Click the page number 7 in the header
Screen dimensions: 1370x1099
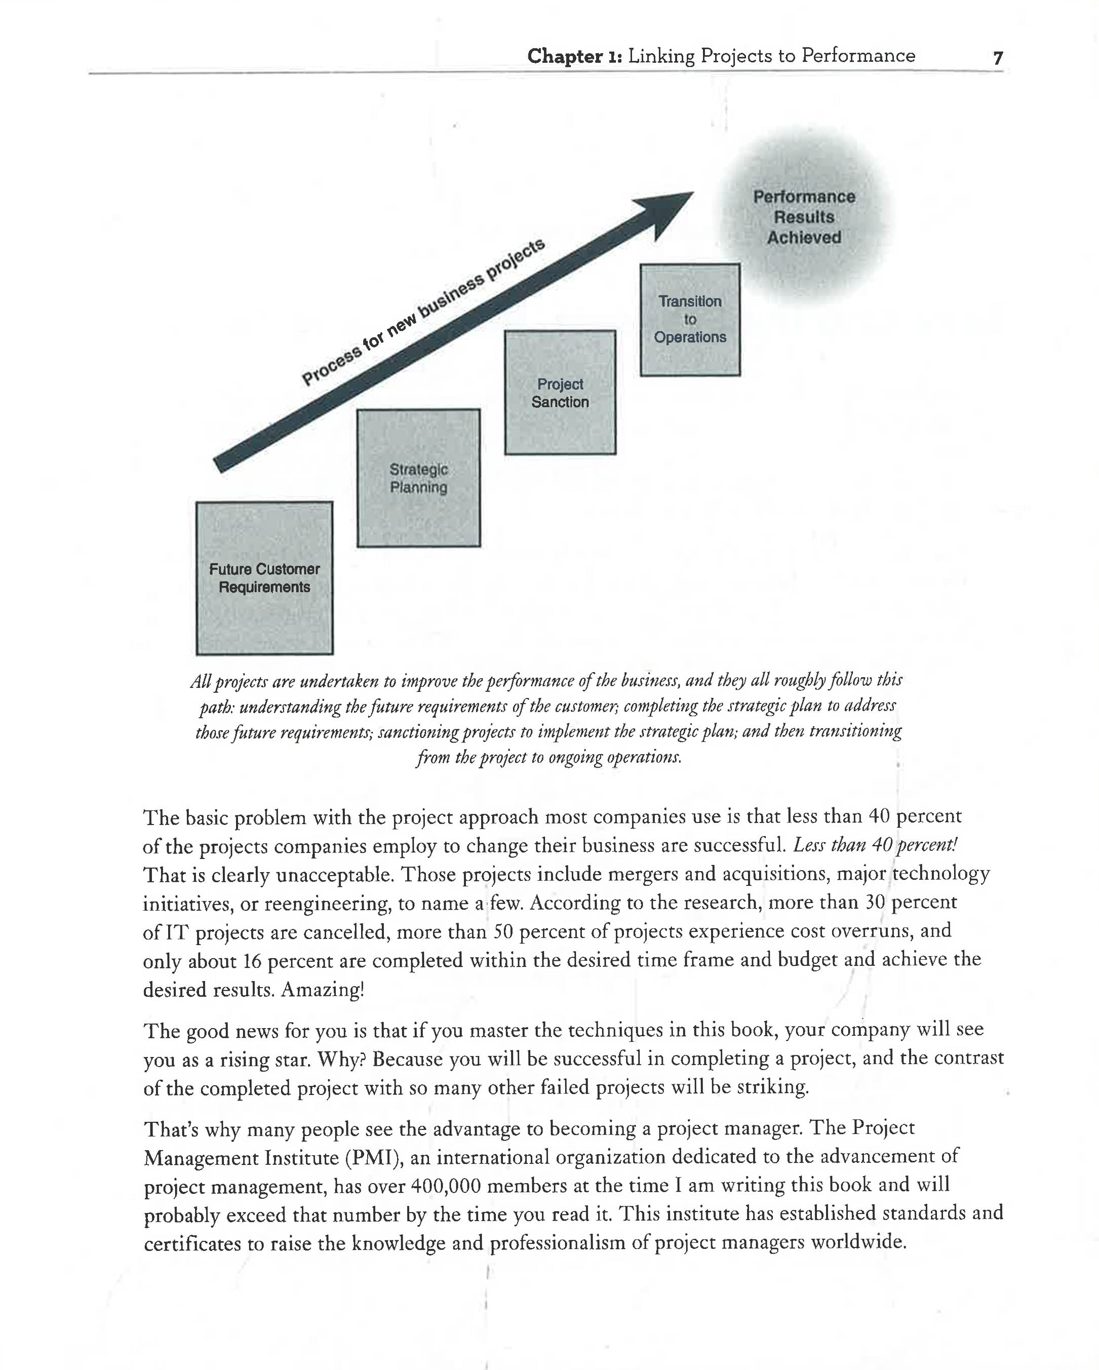click(x=997, y=58)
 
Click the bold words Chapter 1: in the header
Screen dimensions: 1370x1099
click(x=574, y=57)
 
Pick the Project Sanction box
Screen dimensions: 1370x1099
click(x=560, y=393)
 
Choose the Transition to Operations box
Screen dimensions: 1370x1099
click(x=690, y=320)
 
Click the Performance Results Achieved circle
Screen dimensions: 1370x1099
click(x=804, y=217)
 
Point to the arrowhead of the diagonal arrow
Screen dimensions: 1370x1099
click(x=667, y=210)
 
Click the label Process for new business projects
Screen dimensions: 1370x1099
click(x=423, y=312)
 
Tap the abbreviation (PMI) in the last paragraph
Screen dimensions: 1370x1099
click(x=374, y=1158)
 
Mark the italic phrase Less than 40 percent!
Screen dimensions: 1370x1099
click(x=875, y=845)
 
